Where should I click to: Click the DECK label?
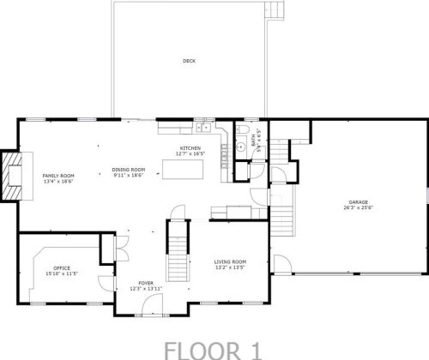pos(188,61)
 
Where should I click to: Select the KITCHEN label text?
pos(189,149)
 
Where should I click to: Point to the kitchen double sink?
pos(204,129)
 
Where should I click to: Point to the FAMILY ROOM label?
pos(59,176)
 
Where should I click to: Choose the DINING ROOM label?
pos(130,170)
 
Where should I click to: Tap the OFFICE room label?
pos(62,267)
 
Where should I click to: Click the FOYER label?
pos(146,282)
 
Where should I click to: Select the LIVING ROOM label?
pos(230,261)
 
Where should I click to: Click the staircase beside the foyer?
pos(176,244)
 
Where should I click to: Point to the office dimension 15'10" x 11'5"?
pos(63,273)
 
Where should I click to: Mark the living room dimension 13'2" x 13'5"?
pos(230,267)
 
